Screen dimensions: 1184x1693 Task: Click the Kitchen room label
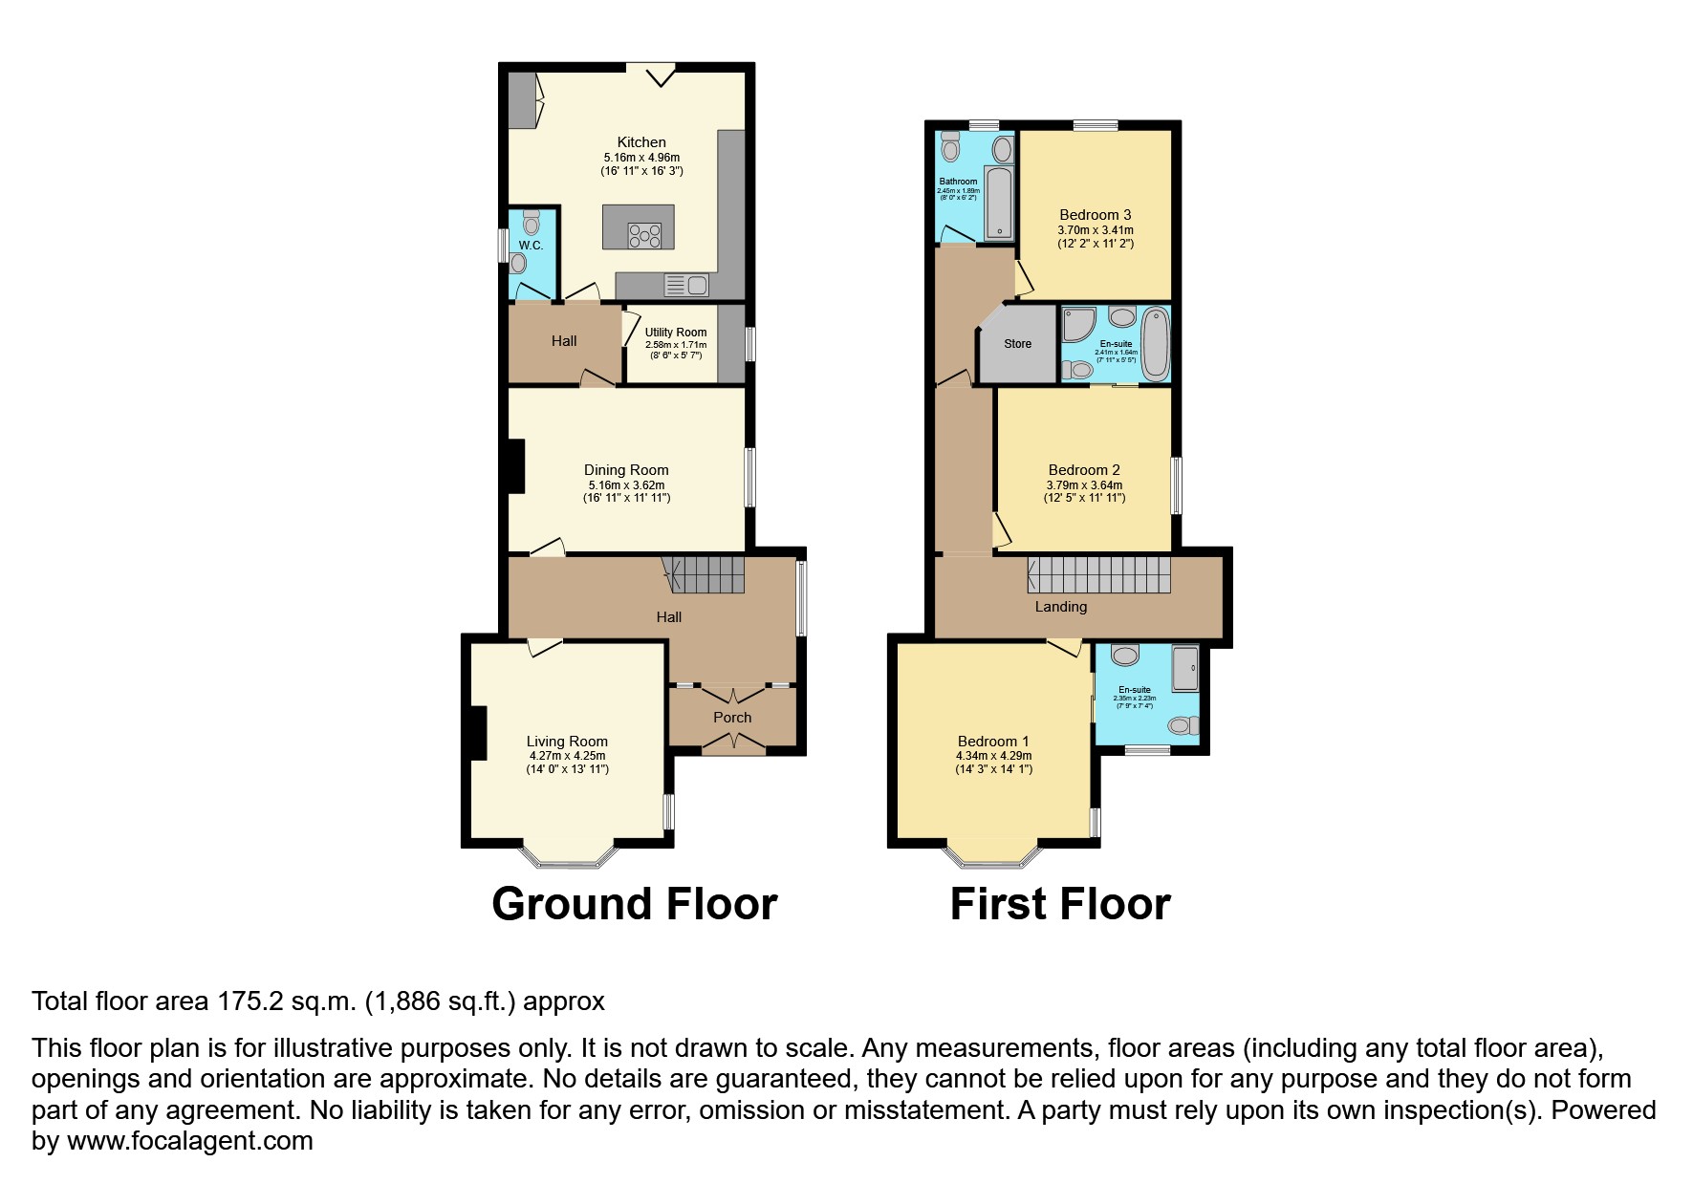[x=640, y=142]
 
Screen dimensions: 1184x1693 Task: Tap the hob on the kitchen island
[x=644, y=235]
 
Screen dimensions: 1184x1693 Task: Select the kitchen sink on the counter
[x=685, y=285]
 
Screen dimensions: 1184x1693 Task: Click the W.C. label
[x=531, y=246]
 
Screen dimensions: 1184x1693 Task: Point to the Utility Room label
[x=675, y=333]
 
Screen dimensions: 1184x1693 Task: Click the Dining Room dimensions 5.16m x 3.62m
[x=626, y=484]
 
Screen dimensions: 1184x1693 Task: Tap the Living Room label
[x=567, y=742]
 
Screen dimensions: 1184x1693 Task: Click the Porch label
[x=732, y=718]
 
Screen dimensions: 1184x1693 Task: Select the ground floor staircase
[x=707, y=575]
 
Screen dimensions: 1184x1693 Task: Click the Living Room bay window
[x=568, y=857]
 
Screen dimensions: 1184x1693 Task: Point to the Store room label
[x=1017, y=344]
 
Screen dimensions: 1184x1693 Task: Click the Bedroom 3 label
[x=1095, y=215]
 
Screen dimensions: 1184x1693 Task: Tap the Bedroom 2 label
[x=1083, y=470]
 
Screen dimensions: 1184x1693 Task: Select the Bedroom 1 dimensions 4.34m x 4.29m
[x=993, y=756]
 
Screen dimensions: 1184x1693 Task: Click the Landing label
[x=1060, y=607]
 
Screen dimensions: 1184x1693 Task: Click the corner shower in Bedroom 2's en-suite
[x=1078, y=325]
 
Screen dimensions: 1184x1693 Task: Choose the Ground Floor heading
[x=634, y=904]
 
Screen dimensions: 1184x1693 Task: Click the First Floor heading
[x=1059, y=904]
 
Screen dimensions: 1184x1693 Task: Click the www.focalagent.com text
[x=189, y=1141]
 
